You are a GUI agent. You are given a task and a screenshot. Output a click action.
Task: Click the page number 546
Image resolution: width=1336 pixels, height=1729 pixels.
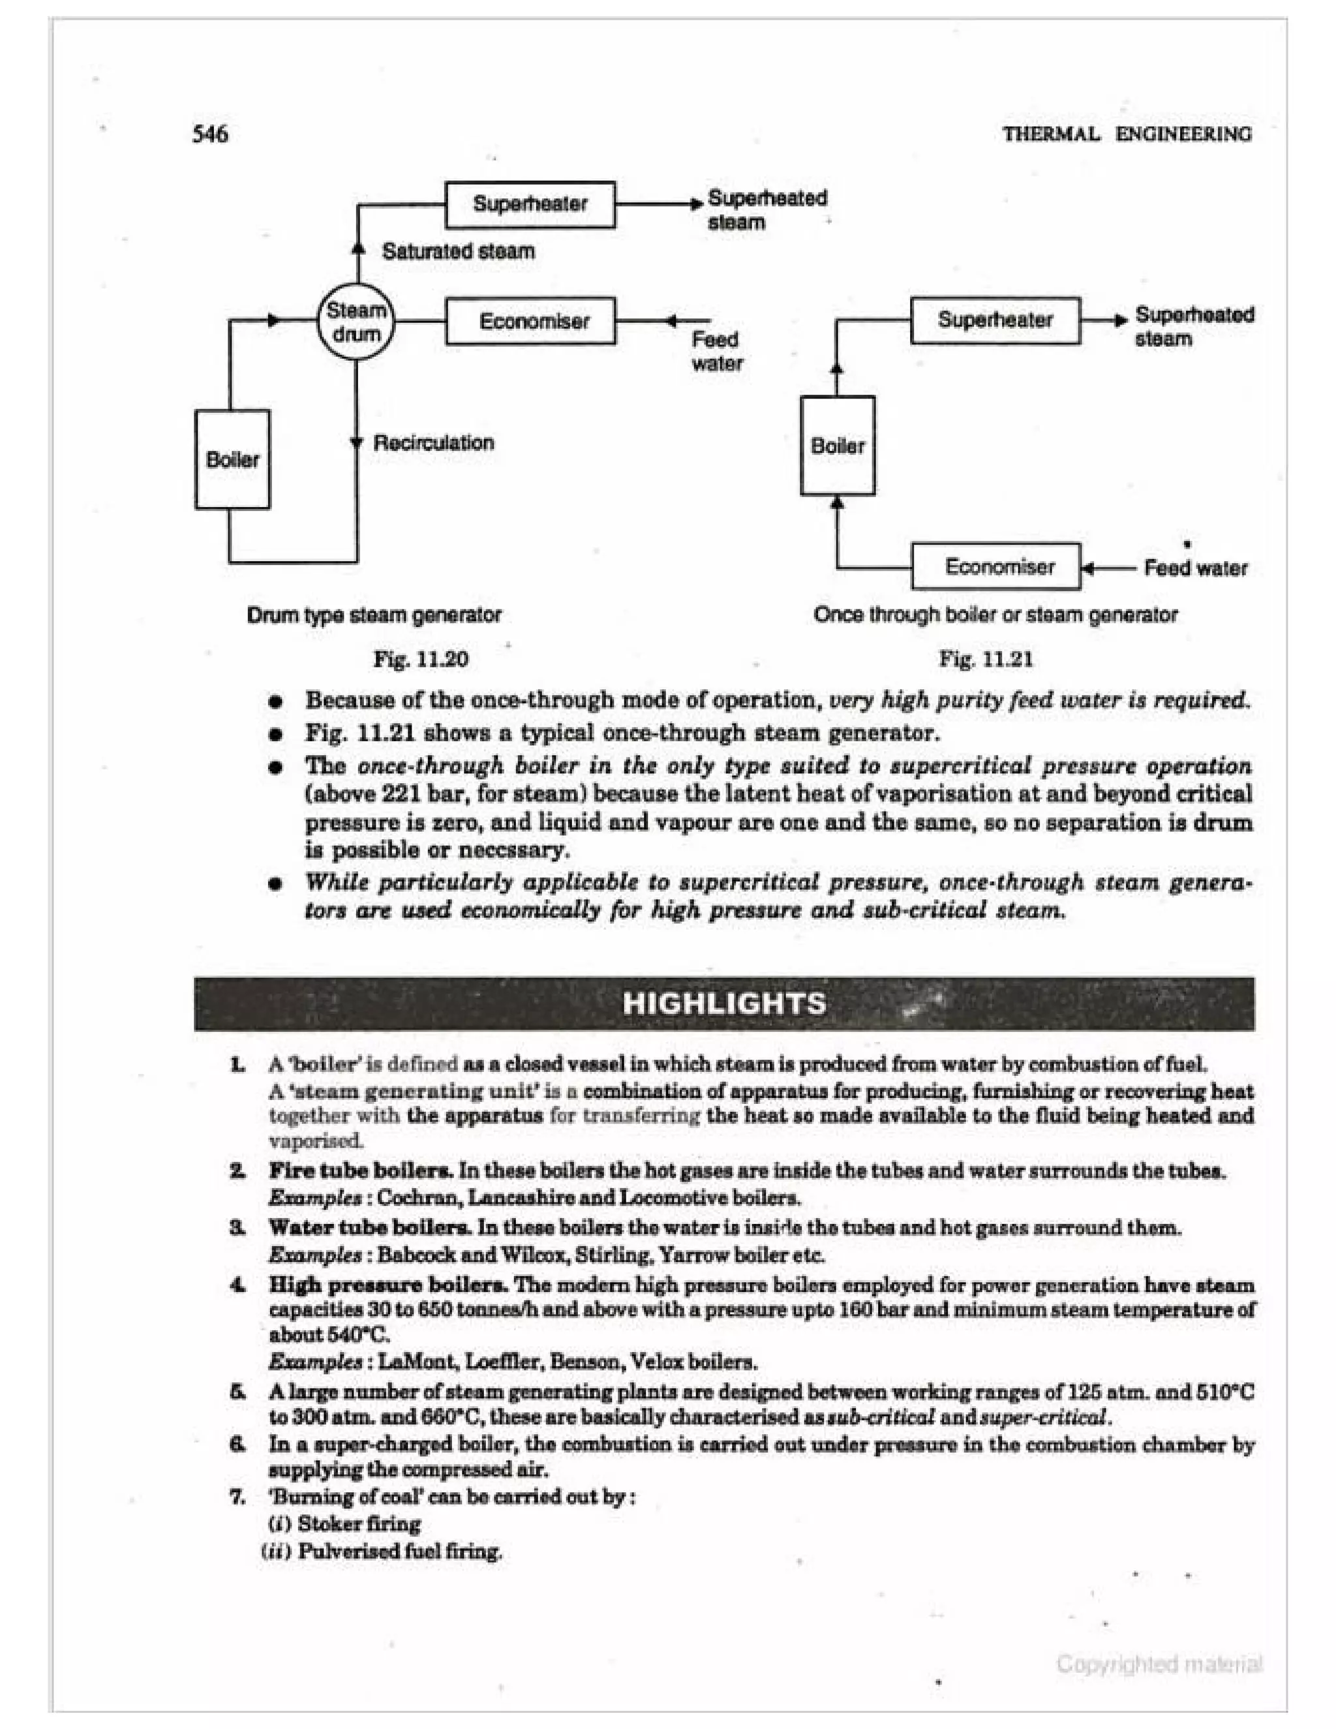tap(210, 134)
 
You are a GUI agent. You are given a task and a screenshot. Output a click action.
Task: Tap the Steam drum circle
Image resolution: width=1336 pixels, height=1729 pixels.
tap(356, 322)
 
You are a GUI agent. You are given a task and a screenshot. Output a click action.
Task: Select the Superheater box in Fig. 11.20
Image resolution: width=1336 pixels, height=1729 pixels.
tap(530, 204)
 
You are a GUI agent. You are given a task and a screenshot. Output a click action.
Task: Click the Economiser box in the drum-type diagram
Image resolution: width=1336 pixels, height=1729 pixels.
tap(530, 322)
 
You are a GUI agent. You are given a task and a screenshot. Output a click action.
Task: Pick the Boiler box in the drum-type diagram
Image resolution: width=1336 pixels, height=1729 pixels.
tap(232, 459)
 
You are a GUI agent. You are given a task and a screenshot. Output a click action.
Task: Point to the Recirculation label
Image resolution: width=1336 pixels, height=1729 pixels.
tap(433, 442)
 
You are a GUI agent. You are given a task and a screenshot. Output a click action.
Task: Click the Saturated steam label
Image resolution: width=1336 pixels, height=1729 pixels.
tap(458, 252)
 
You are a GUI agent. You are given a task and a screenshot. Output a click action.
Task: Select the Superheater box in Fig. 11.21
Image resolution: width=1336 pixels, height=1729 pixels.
tap(995, 320)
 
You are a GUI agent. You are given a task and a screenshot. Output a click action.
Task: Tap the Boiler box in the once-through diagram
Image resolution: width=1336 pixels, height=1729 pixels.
tap(838, 446)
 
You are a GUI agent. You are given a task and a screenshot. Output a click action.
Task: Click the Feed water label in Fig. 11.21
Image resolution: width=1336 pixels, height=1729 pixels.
tap(1195, 568)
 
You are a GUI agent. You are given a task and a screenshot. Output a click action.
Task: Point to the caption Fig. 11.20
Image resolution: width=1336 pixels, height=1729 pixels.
tap(420, 660)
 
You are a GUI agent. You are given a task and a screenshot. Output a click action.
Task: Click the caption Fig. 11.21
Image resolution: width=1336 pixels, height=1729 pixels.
tap(986, 660)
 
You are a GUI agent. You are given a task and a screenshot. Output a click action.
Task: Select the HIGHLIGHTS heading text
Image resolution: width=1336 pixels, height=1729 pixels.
tap(723, 1004)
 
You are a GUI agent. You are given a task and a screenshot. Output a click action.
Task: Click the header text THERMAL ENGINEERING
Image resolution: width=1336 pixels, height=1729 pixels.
tap(1127, 134)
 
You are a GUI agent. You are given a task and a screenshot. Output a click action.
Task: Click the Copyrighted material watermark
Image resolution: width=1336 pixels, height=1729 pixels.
tap(1159, 1665)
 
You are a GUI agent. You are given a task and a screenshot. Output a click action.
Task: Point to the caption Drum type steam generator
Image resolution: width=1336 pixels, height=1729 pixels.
tap(374, 615)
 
